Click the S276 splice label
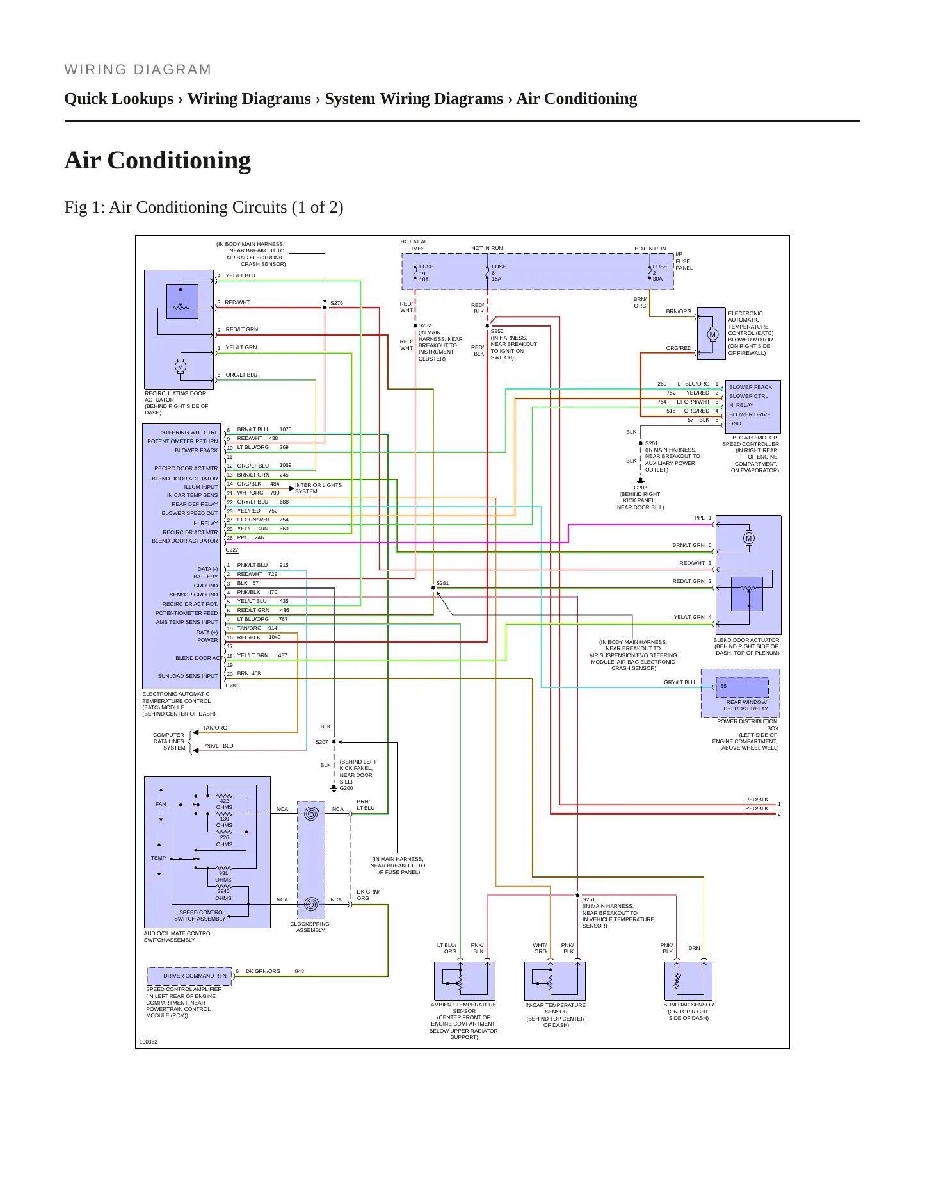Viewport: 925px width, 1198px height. pyautogui.click(x=337, y=303)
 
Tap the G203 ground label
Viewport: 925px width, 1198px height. pyautogui.click(x=640, y=488)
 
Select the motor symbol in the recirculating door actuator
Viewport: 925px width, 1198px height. pyautogui.click(x=180, y=367)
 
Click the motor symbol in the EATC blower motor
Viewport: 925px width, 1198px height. pyautogui.click(x=712, y=334)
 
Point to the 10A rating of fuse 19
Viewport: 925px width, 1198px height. pyautogui.click(x=424, y=279)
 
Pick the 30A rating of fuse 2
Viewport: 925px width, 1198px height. pyautogui.click(x=657, y=279)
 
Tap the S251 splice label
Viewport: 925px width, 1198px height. pyautogui.click(x=588, y=899)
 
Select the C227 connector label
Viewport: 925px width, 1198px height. pyautogui.click(x=232, y=550)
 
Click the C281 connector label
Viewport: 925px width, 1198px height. pyautogui.click(x=232, y=685)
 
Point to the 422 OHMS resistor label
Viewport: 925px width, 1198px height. pyautogui.click(x=224, y=804)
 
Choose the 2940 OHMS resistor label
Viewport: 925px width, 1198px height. pyautogui.click(x=223, y=894)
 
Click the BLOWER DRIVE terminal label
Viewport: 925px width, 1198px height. pyautogui.click(x=750, y=414)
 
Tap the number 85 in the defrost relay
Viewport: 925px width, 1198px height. pyautogui.click(x=723, y=686)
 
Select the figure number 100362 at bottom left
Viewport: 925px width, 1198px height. pyautogui.click(x=149, y=1042)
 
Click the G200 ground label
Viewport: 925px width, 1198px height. pyautogui.click(x=346, y=788)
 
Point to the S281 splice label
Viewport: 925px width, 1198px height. pyautogui.click(x=442, y=583)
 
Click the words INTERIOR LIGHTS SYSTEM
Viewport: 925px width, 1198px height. pyautogui.click(x=318, y=488)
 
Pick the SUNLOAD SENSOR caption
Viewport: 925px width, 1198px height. pyautogui.click(x=688, y=1005)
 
